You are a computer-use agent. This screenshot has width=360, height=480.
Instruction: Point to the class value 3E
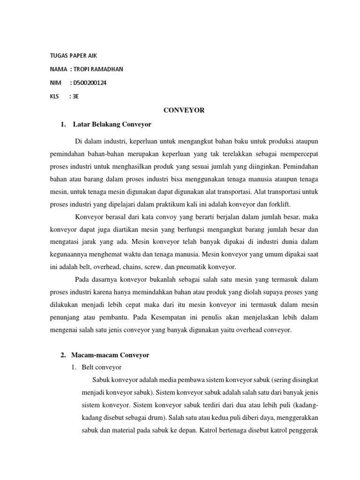pyautogui.click(x=75, y=97)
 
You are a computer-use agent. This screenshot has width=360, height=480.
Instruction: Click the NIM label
pyautogui.click(x=55, y=83)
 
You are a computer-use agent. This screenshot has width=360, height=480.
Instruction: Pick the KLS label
pyautogui.click(x=55, y=97)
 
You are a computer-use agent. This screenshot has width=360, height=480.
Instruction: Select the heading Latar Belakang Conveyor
pyautogui.click(x=112, y=125)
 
